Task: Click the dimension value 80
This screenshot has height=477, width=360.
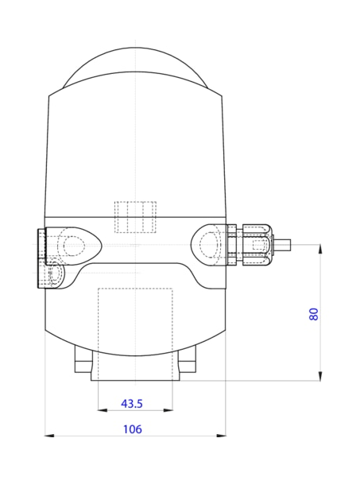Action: click(x=314, y=313)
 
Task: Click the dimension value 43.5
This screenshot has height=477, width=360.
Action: click(x=131, y=403)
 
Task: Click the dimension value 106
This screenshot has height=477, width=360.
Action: click(x=132, y=429)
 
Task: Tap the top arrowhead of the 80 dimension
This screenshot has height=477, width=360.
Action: click(x=320, y=249)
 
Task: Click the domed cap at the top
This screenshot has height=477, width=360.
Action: click(x=136, y=68)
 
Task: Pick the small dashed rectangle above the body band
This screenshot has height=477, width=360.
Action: click(x=136, y=217)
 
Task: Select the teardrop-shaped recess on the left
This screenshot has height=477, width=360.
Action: click(x=75, y=244)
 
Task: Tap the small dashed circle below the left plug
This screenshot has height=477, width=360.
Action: click(x=56, y=276)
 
